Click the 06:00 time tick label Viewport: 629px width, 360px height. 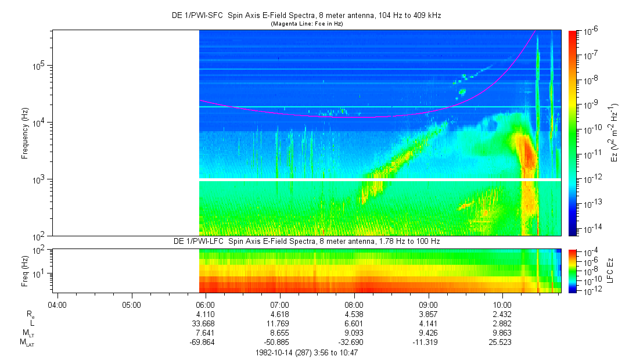click(x=206, y=304)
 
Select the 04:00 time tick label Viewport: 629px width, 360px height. click(x=57, y=304)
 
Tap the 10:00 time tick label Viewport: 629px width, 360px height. click(x=502, y=304)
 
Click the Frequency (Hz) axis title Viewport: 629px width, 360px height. click(x=25, y=134)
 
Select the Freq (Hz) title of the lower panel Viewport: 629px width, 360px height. click(x=25, y=271)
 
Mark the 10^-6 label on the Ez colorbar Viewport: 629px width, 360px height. click(x=583, y=31)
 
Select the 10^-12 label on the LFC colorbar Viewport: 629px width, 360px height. click(x=583, y=291)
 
